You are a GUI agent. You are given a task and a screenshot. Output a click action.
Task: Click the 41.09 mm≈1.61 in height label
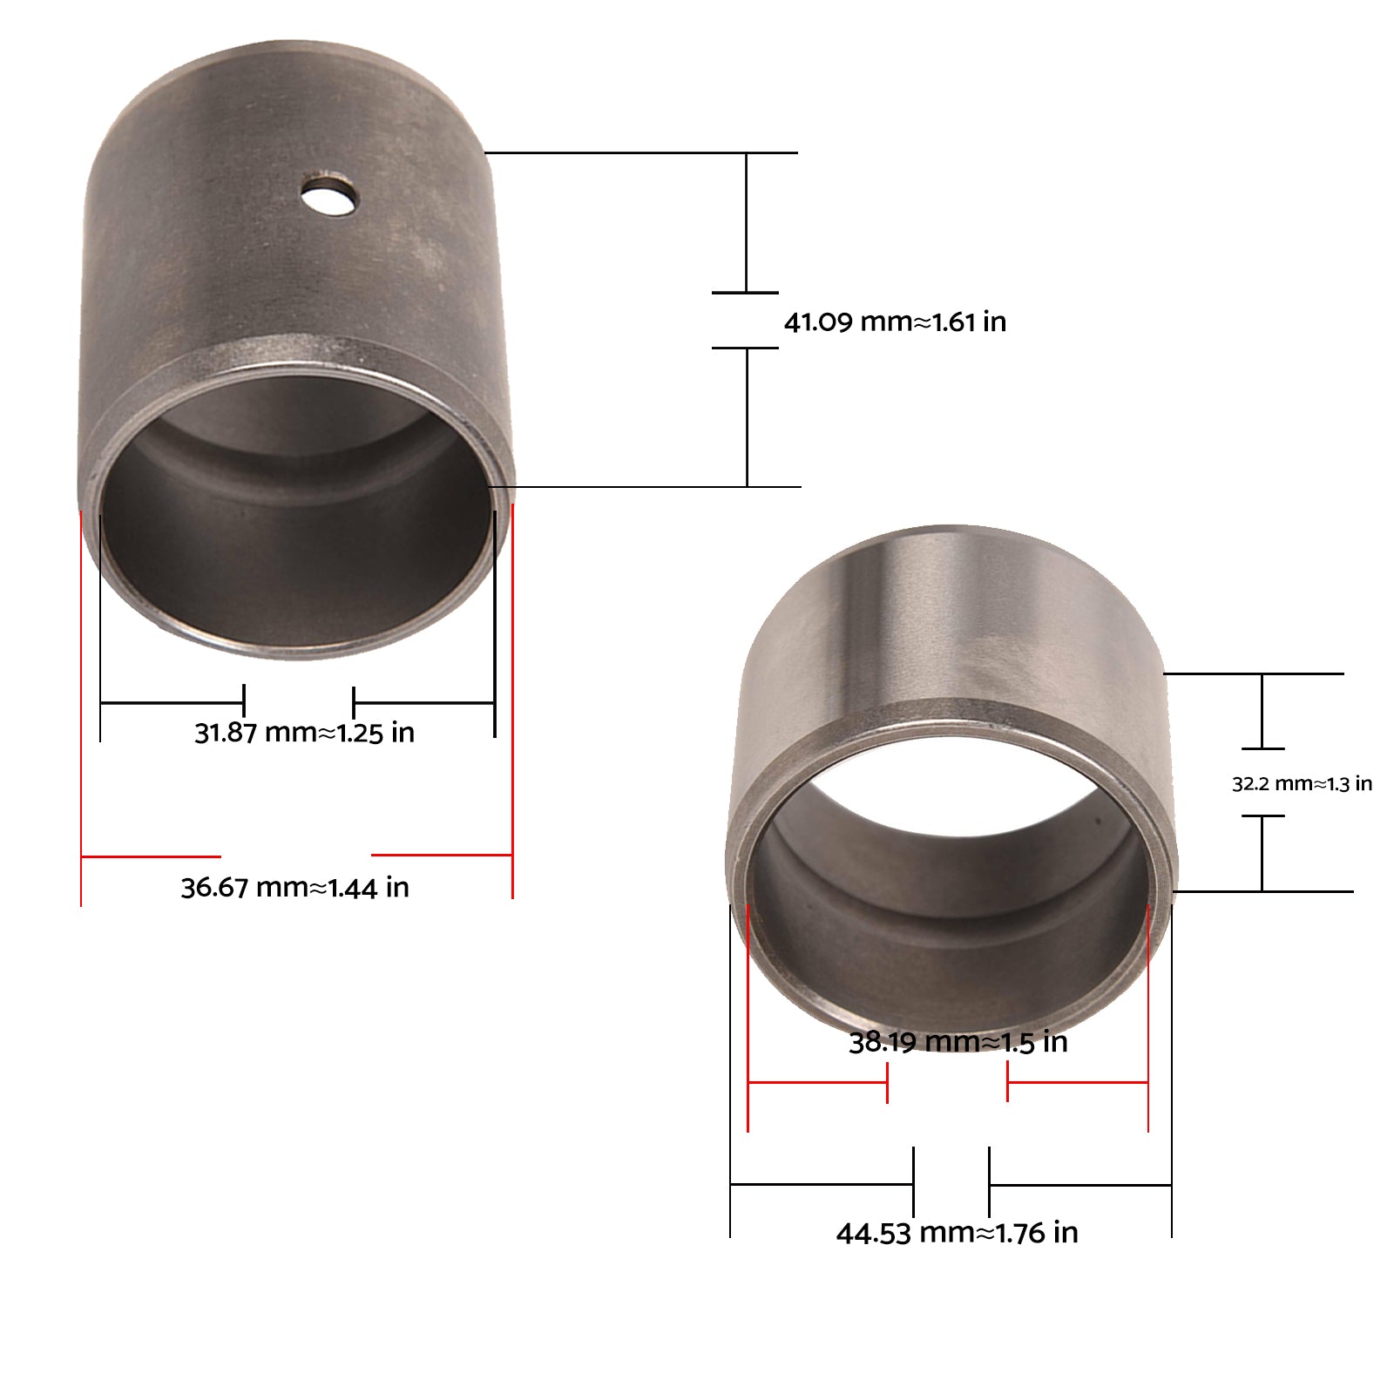click(895, 322)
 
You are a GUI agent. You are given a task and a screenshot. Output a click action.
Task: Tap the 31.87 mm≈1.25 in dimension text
click(304, 733)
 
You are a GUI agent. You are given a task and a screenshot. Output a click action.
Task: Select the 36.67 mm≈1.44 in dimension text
click(294, 888)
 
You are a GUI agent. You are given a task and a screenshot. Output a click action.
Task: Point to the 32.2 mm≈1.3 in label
click(1302, 784)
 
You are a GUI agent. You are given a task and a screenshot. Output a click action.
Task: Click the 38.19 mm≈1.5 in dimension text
click(958, 1042)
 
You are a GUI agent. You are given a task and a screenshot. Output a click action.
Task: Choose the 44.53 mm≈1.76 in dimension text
click(957, 1233)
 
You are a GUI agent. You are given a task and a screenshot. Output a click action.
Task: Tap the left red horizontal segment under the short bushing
click(817, 1083)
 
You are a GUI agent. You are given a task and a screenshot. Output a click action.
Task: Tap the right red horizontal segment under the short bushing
click(1077, 1083)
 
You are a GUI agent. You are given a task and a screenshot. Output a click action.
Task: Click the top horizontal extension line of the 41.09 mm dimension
click(640, 153)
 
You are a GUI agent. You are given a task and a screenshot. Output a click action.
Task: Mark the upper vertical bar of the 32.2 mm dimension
click(1262, 710)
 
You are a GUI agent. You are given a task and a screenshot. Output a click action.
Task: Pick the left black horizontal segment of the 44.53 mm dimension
click(821, 1184)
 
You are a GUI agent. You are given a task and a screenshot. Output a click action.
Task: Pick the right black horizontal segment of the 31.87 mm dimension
click(423, 702)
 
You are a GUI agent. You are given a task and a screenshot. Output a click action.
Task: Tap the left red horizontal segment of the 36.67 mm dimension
click(150, 856)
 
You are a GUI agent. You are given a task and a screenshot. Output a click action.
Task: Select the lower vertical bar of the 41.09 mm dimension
click(747, 416)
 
